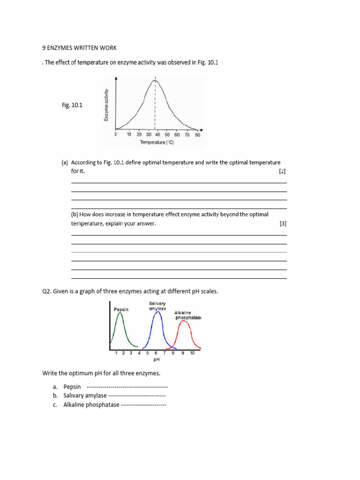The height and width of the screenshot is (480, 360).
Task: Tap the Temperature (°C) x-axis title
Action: (156, 142)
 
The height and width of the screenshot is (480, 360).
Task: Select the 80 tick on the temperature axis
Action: (197, 135)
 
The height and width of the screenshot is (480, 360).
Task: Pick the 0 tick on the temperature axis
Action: (116, 135)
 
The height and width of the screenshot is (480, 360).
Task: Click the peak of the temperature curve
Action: (155, 81)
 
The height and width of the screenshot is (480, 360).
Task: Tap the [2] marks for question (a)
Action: (282, 172)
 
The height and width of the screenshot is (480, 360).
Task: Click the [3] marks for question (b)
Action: (283, 224)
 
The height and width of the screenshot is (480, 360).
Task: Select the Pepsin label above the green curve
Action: (121, 309)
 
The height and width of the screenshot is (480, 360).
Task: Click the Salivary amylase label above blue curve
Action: (157, 306)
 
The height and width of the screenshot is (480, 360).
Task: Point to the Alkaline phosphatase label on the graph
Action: (187, 315)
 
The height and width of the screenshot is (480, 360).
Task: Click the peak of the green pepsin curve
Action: (120, 313)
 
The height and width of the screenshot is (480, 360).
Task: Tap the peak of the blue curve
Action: (158, 312)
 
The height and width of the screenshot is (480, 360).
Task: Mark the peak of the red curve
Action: (184, 321)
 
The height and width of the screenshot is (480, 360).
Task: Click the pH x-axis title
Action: (157, 360)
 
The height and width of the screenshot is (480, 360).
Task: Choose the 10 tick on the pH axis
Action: (192, 353)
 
